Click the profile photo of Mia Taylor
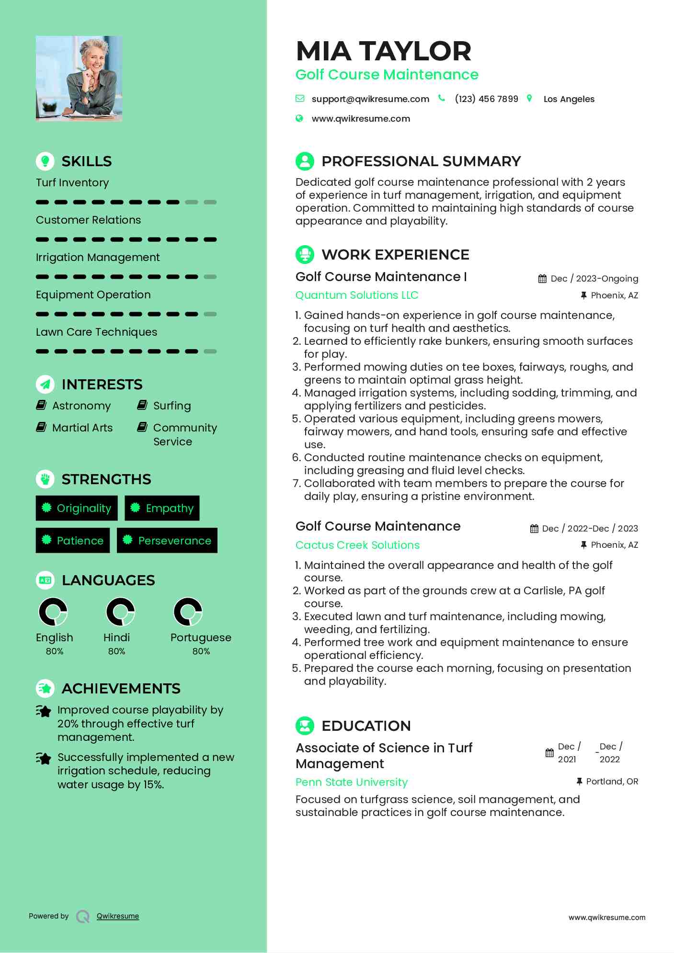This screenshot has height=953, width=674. [x=79, y=78]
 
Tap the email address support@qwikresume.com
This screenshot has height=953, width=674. [x=370, y=99]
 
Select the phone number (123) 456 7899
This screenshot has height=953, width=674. [x=486, y=99]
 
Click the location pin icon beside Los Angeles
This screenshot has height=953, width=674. [x=529, y=99]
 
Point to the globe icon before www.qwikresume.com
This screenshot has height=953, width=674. [x=299, y=118]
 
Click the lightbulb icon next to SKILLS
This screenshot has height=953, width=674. [x=45, y=161]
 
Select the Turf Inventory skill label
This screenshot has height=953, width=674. [x=72, y=182]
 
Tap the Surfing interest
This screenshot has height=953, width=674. [x=172, y=406]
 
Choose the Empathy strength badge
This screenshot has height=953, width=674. [x=162, y=508]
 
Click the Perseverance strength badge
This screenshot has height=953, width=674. [x=167, y=541]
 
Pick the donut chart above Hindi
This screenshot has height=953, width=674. [x=120, y=612]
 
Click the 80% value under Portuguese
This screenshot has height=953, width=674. [x=201, y=651]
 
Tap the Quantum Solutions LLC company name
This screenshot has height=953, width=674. [x=357, y=295]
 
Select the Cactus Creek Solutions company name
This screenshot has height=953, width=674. [x=357, y=545]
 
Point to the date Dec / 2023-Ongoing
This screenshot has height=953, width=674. [x=594, y=279]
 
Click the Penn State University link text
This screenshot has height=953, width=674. [x=352, y=782]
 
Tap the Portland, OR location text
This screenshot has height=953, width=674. [x=612, y=782]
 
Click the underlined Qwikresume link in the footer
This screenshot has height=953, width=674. [x=118, y=916]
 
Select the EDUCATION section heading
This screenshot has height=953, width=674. [x=366, y=726]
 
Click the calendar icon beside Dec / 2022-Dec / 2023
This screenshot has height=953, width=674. [x=534, y=529]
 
